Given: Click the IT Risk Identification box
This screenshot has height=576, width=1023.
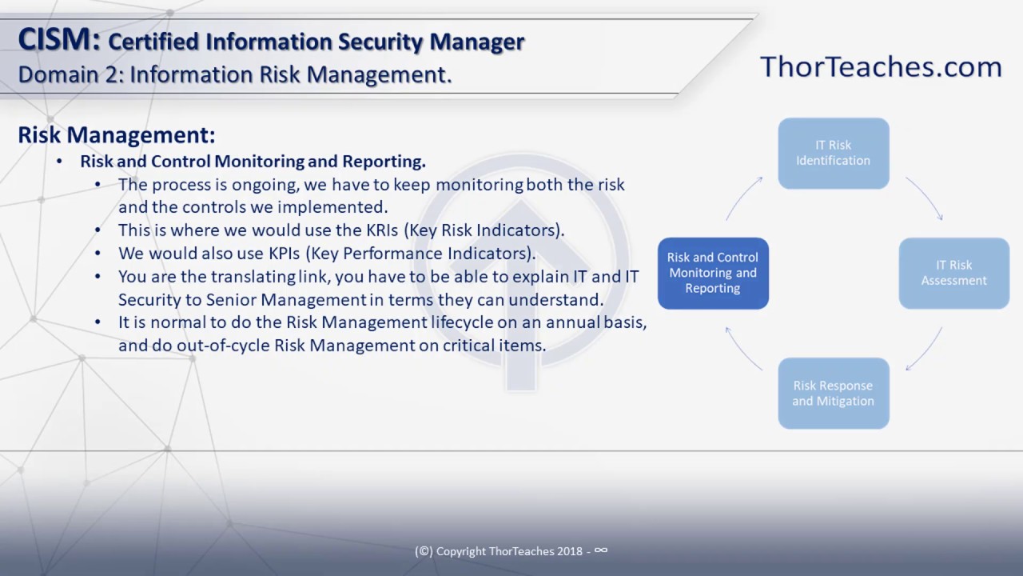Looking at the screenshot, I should (833, 153).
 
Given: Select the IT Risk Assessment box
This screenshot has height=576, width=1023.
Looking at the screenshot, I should (953, 273).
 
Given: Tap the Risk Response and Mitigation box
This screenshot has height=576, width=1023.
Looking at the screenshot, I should (833, 393).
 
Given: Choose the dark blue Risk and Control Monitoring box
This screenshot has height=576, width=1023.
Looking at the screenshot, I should (713, 273).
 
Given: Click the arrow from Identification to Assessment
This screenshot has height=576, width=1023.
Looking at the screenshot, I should (925, 198).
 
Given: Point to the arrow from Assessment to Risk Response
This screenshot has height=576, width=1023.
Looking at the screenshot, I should (925, 349).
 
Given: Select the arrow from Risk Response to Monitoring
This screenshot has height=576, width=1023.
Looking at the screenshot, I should (742, 348).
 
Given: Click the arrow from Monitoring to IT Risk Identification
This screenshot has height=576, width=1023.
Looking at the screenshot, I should (742, 198).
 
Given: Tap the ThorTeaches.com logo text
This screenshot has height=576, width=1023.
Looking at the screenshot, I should (881, 66).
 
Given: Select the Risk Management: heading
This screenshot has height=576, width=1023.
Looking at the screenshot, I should (117, 134).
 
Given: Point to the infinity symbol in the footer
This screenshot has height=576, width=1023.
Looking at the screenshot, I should (601, 550).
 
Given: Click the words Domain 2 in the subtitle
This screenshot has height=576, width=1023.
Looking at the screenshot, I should (66, 74).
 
